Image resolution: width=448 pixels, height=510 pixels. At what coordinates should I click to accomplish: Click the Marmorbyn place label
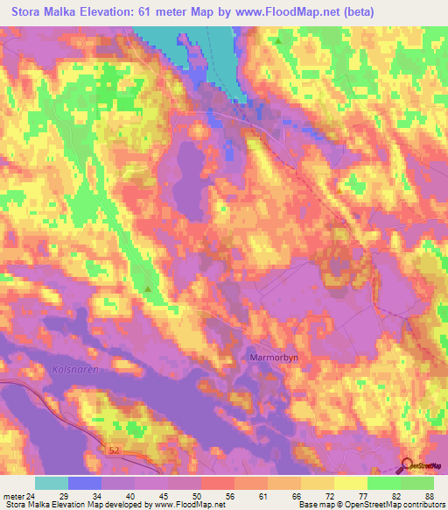[x=269, y=358]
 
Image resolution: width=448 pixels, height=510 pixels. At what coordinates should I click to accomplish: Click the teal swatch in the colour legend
[x=52, y=483]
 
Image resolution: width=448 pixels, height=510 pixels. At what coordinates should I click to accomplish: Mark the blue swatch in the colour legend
[x=85, y=483]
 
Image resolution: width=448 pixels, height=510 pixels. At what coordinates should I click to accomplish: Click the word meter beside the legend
[x=14, y=496]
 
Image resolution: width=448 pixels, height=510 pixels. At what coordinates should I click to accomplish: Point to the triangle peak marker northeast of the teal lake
[x=278, y=41]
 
